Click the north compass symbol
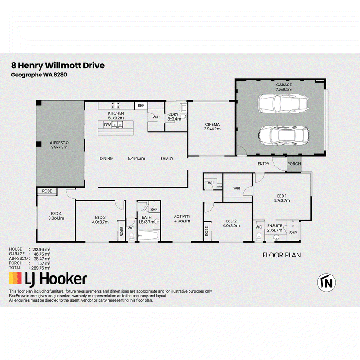pos(326,283)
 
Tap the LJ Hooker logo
pos(48,279)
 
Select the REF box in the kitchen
pos(141,105)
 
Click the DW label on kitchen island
pos(108,125)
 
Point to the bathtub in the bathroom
pos(148,235)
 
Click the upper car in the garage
pos(283,103)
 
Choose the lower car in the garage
pos(283,135)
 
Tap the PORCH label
pos(294,164)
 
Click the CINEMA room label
pos(212,124)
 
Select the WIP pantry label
pos(156,117)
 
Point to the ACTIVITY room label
pos(182,216)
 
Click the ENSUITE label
pos(274,226)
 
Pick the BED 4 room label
pos(56,213)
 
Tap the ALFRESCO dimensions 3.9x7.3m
pos(59,147)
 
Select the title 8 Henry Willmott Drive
pos(58,65)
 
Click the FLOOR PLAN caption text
pos(282,255)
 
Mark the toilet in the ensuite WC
pos(259,236)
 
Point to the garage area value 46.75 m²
pos(42,254)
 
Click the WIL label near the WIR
pos(211,183)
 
